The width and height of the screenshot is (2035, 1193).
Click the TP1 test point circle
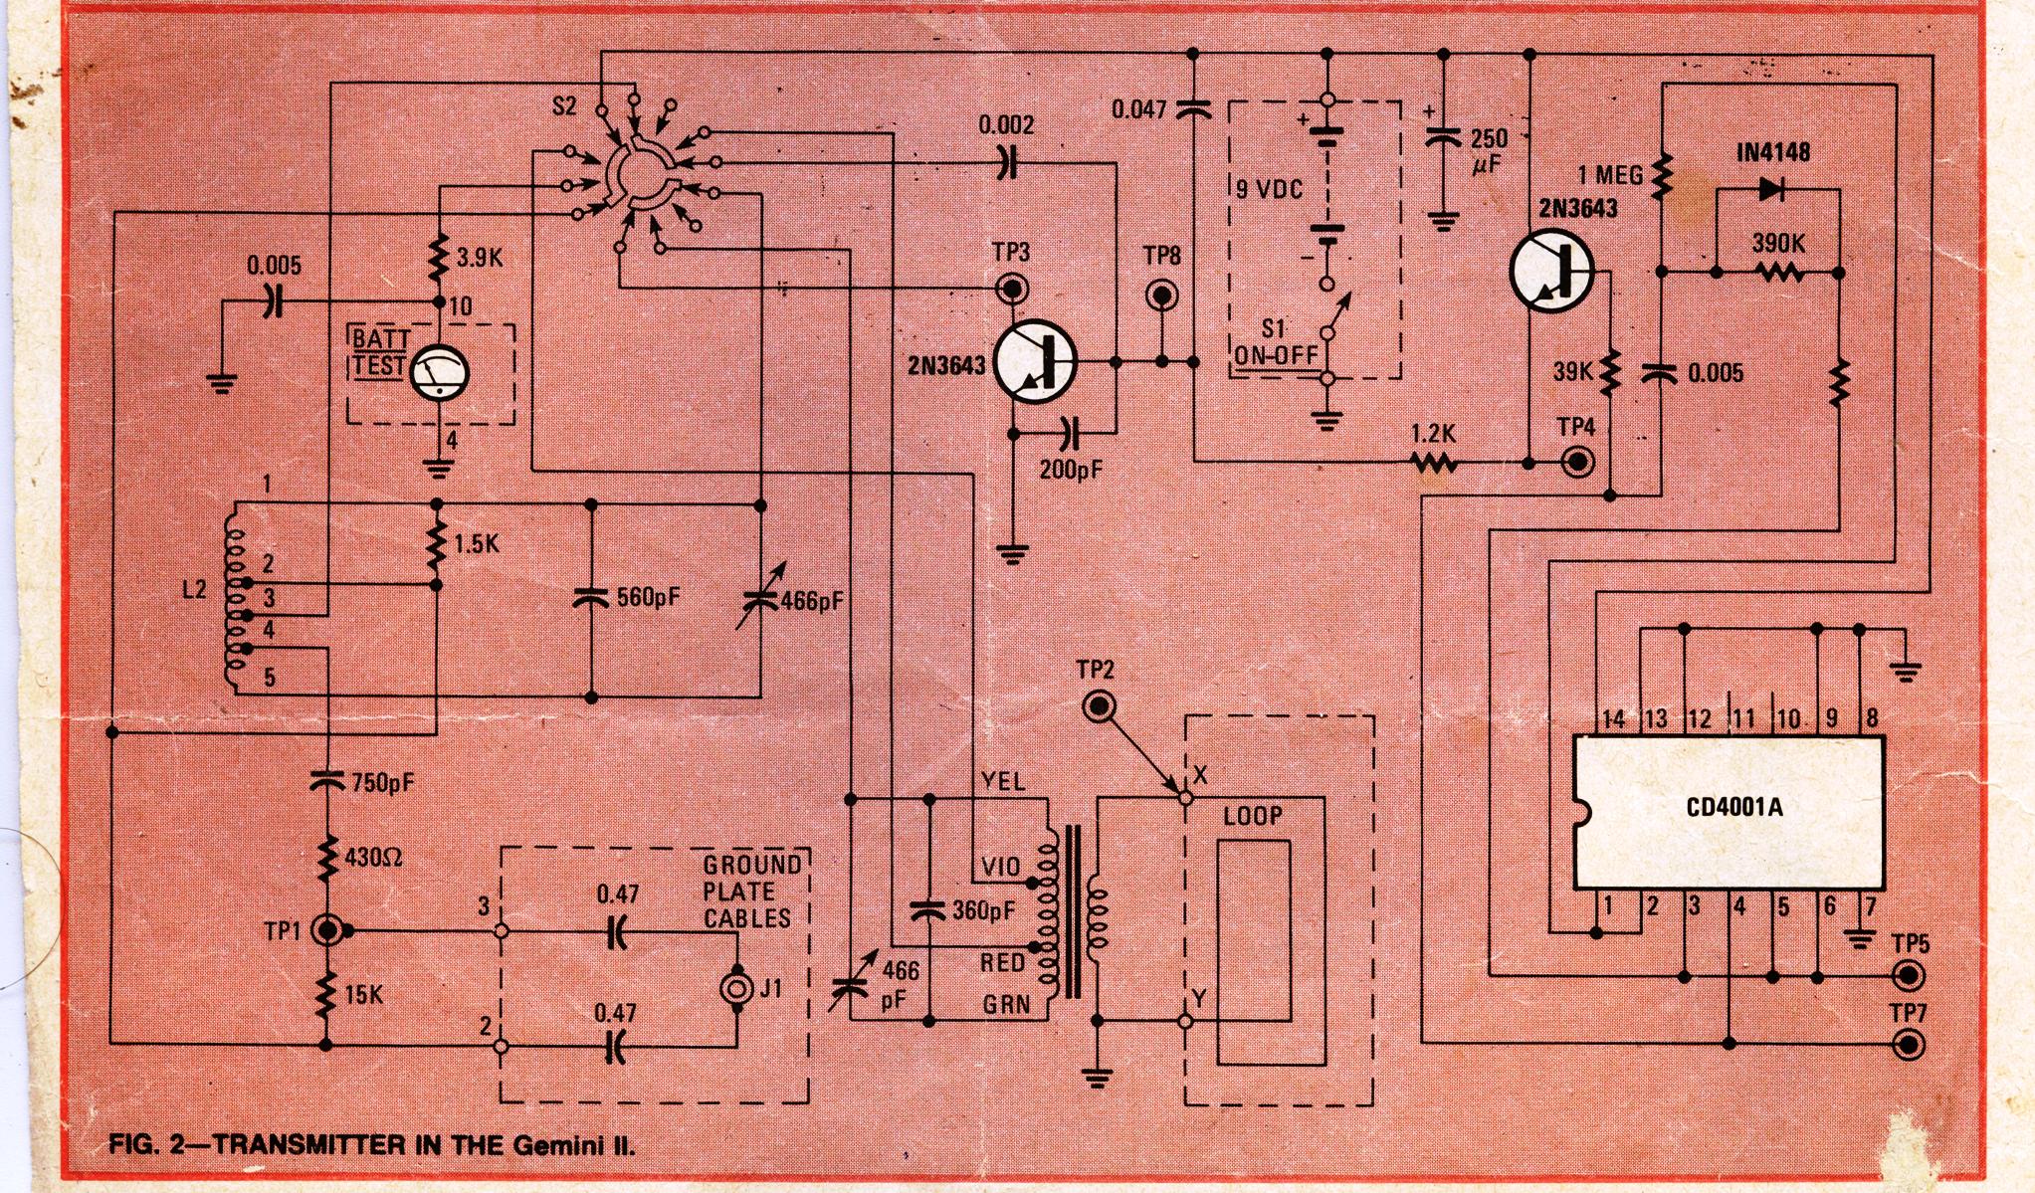click(327, 931)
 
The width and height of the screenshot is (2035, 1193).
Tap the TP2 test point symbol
click(1100, 707)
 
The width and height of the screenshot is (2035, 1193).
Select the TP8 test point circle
click(1161, 295)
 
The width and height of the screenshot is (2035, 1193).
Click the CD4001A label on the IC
click(1734, 807)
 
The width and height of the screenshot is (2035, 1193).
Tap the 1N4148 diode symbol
click(1771, 189)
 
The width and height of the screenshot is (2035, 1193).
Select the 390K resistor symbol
click(1778, 271)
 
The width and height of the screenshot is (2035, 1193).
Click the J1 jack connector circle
click(737, 989)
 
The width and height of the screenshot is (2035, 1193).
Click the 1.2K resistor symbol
click(1434, 462)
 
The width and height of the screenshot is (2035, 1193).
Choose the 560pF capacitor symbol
click(591, 598)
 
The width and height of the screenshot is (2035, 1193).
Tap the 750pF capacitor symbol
click(326, 782)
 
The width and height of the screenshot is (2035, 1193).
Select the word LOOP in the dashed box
click(1253, 816)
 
